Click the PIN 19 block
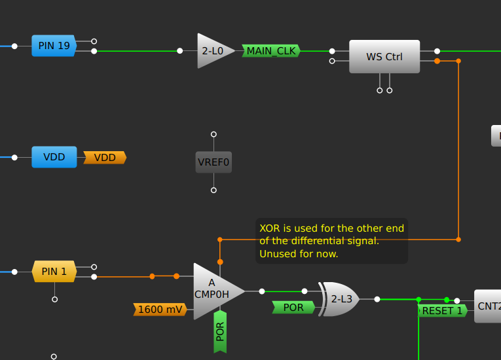point(54,46)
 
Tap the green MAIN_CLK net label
point(271,50)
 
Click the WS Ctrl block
point(384,56)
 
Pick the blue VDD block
point(54,157)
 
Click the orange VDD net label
point(105,158)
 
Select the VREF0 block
point(213,162)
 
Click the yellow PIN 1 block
point(54,271)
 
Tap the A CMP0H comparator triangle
point(213,291)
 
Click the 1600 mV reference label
point(160,310)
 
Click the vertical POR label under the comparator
point(220,331)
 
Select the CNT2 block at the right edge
point(488,306)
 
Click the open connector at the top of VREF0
point(213,134)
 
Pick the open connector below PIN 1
point(54,299)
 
